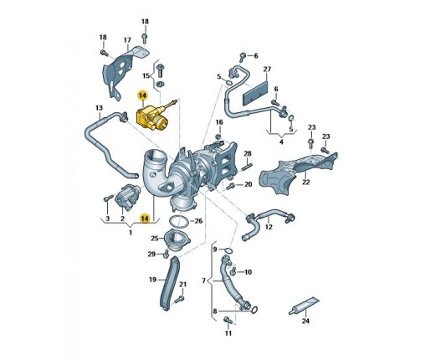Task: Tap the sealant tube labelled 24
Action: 304,306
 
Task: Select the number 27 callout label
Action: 267,69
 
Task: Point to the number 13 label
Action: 99,108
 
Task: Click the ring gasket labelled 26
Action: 178,222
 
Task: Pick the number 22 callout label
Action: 306,182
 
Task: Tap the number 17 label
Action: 127,40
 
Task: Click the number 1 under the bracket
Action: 131,232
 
